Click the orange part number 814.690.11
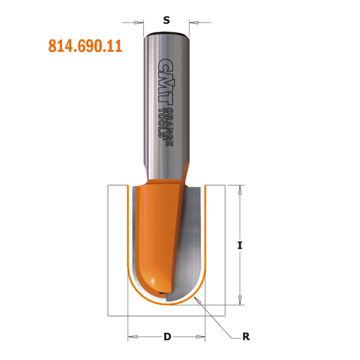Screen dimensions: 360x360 tap(85, 46)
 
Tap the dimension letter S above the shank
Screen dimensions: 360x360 tap(166, 21)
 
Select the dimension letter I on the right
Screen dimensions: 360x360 tap(239, 245)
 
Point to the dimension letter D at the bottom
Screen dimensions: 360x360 tap(167, 336)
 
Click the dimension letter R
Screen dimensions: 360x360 tap(246, 336)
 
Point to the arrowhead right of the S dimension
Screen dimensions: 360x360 tap(193, 23)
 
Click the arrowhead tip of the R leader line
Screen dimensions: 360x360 tap(195, 298)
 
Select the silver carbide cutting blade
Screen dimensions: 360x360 tap(189, 243)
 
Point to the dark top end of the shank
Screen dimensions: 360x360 tap(166, 35)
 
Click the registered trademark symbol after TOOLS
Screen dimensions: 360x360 tap(164, 139)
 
